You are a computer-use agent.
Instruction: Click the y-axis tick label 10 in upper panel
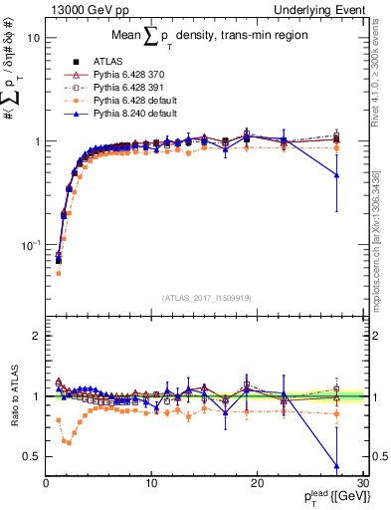[x=33, y=38]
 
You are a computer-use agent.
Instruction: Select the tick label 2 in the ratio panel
[x=36, y=336]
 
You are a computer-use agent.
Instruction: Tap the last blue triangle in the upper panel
[x=336, y=175]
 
